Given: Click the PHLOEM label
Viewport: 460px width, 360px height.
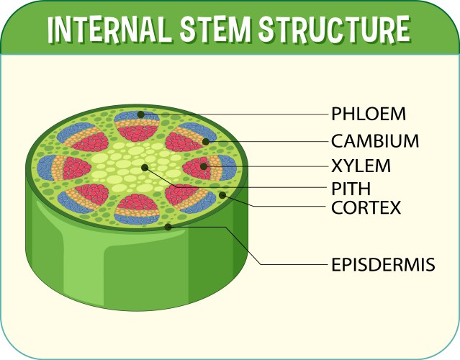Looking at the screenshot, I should click(x=369, y=114).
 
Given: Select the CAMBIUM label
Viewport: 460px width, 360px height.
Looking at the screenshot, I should click(x=375, y=140).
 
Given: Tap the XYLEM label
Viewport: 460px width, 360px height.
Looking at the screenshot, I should click(x=361, y=166).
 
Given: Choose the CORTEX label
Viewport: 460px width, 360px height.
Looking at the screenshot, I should click(x=366, y=208).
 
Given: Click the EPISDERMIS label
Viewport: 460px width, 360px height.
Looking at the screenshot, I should click(x=383, y=264).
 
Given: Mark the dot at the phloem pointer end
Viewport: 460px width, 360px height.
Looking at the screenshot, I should click(x=141, y=114).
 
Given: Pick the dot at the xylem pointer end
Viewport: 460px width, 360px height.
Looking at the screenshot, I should click(x=204, y=167).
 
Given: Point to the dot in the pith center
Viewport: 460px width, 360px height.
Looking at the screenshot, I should click(x=145, y=168).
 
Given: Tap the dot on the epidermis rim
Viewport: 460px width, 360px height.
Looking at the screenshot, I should click(x=168, y=227).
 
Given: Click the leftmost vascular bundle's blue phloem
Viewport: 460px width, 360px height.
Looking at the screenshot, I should click(x=43, y=167).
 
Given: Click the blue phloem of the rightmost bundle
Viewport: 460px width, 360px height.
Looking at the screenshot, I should click(x=227, y=167).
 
